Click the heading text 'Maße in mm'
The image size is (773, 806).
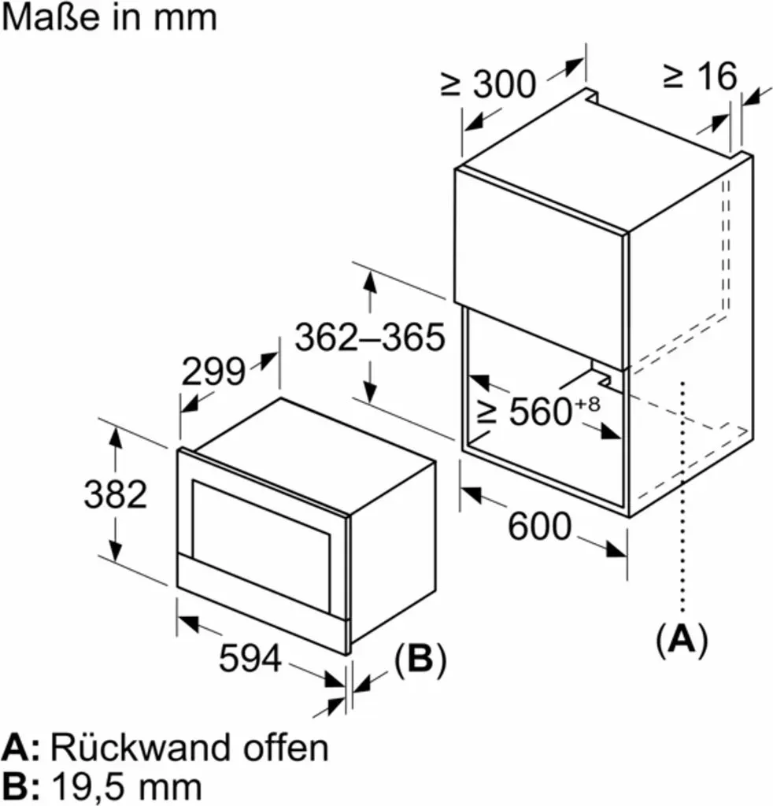click(x=109, y=17)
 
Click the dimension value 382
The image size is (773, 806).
click(x=116, y=494)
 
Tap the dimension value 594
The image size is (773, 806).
click(x=250, y=657)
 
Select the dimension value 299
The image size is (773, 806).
click(x=213, y=372)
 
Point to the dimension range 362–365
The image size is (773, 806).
click(x=370, y=337)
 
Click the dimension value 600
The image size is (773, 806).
click(x=540, y=526)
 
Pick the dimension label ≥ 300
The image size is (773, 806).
click(x=488, y=83)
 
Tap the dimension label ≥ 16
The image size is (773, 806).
click(x=700, y=76)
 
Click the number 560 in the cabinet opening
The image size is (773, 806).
click(x=541, y=411)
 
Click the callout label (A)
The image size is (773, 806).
click(x=682, y=639)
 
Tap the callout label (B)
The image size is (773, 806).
click(x=420, y=659)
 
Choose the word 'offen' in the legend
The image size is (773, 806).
click(x=286, y=747)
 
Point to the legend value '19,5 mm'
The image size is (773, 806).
click(x=127, y=786)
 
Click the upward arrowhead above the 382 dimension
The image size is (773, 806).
click(x=116, y=438)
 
